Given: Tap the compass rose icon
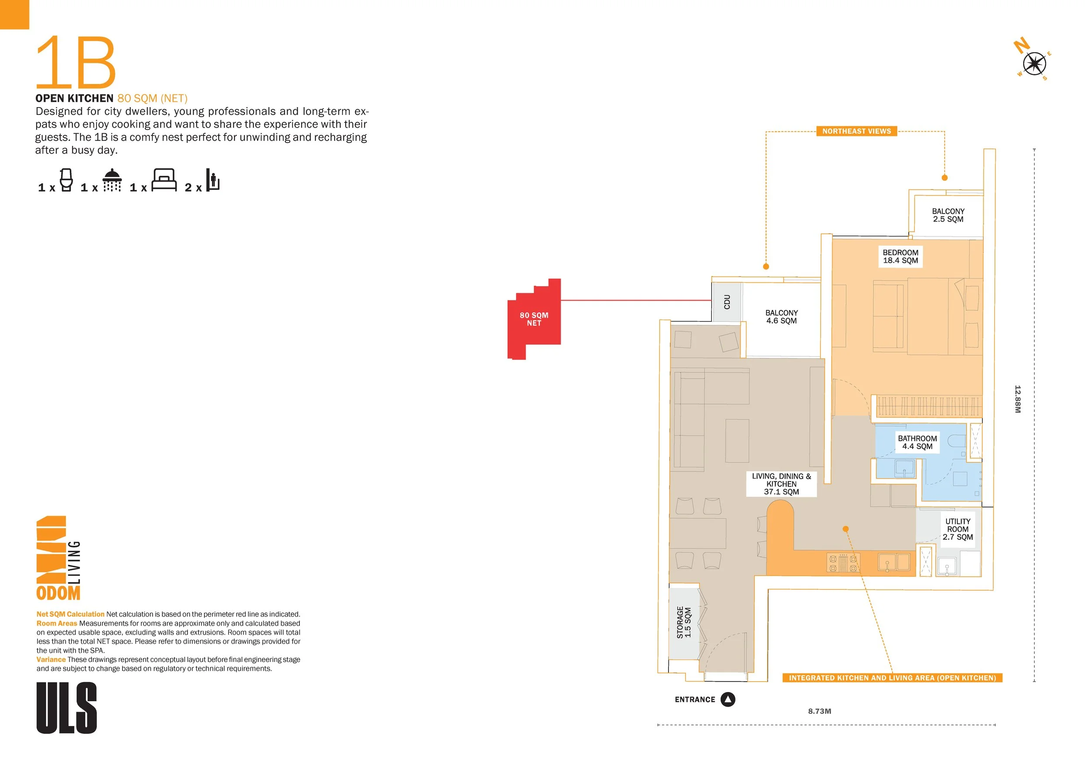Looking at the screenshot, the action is (1034, 64).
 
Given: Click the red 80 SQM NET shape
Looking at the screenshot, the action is (534, 319).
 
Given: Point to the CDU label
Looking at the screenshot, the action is (727, 302).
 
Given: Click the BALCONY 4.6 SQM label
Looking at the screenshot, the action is (782, 317).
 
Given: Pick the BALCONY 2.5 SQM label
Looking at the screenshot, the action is (948, 215).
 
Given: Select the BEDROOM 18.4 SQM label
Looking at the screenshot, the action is (900, 257).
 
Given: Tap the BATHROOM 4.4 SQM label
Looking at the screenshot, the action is (917, 442).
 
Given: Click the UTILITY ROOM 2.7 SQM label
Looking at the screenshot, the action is (958, 529).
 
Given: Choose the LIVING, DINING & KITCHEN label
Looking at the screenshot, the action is (782, 483).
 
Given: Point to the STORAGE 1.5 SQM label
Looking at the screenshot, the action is (684, 622).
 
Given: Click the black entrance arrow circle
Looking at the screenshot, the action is (728, 699).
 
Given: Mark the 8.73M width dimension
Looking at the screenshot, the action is (820, 711).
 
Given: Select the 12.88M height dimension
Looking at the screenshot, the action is (1017, 399).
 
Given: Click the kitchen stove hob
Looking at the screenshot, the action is (843, 563).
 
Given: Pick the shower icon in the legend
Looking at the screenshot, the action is (112, 180).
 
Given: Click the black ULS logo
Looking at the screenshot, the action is (67, 708).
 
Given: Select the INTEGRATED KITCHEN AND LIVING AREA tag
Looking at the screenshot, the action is (892, 678).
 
